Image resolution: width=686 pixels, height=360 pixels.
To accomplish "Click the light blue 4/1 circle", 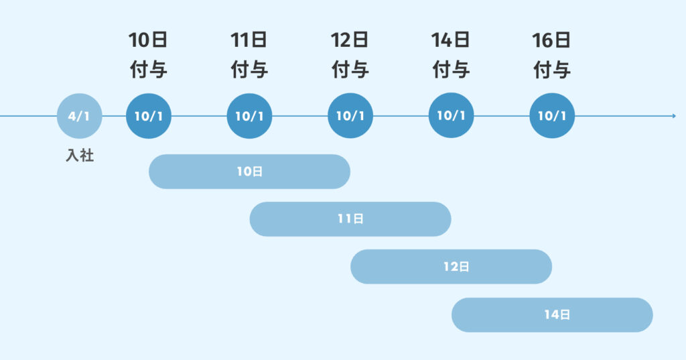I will [79, 116].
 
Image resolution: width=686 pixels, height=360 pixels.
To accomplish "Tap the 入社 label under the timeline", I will [79, 157].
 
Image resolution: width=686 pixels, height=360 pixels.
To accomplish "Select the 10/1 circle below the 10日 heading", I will [149, 116].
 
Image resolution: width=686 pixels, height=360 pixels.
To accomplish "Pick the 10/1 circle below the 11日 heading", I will [249, 116].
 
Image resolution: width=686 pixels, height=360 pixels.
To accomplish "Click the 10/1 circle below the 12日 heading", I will [350, 116].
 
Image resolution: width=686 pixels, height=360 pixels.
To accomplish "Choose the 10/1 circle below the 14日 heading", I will [451, 116].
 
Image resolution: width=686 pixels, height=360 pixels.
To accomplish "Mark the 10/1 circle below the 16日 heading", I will [551, 116].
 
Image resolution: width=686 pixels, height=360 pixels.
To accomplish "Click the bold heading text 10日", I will [148, 40].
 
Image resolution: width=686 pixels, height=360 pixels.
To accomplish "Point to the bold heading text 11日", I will [249, 40].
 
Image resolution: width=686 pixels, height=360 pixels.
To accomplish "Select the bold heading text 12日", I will [350, 40].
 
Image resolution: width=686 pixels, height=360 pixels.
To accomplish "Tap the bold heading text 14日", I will [451, 40].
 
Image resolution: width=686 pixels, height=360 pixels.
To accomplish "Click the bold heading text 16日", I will [551, 40].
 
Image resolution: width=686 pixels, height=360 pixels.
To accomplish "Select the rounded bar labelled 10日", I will [249, 172].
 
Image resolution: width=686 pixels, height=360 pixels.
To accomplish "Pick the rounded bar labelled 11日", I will [350, 219].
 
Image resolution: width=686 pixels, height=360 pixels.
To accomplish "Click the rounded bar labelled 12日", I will [451, 267].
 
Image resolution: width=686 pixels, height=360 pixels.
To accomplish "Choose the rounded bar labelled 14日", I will [552, 314].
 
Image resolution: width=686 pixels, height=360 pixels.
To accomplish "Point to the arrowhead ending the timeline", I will [673, 116].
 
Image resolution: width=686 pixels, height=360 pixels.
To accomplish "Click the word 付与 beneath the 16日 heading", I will [551, 70].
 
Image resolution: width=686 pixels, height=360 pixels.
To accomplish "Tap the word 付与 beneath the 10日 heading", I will [148, 70].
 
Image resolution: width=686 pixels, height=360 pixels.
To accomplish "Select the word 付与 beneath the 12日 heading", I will [350, 70].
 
